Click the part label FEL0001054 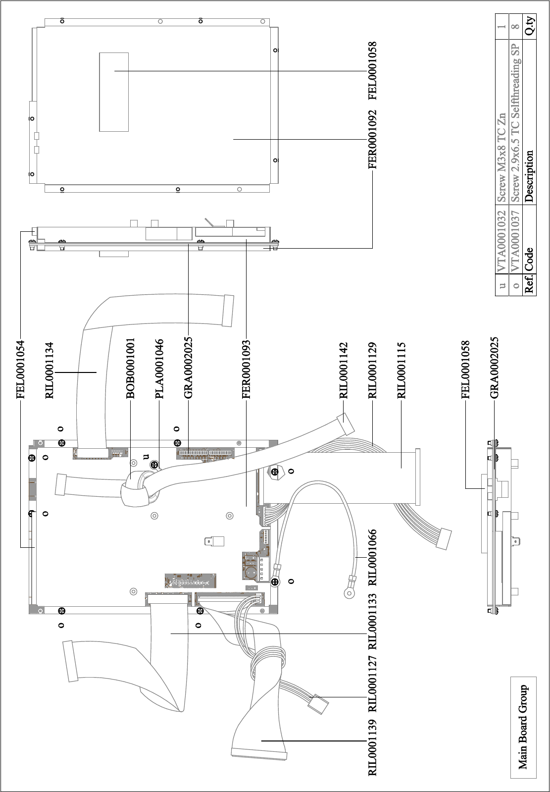pos(21,369)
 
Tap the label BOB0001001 pos(130,369)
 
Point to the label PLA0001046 pos(159,369)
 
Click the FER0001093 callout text pos(246,369)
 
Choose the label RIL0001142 pos(344,370)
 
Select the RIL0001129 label pos(372,370)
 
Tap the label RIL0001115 pos(401,370)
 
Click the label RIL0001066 pos(373,557)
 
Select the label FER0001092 pos(373,140)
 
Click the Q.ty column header pos(530,26)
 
